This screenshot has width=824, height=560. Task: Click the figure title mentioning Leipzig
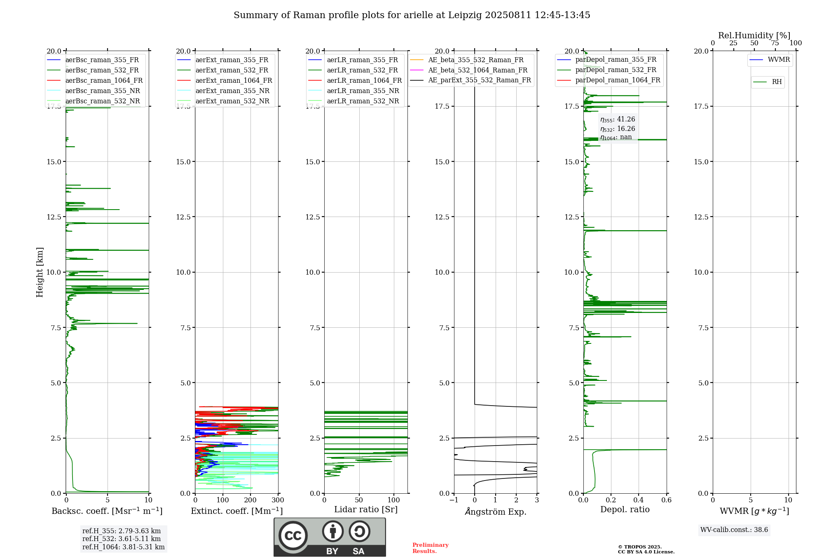click(x=412, y=15)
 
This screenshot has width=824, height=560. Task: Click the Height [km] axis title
click(x=40, y=272)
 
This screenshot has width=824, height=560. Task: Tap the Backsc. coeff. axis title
click(x=107, y=511)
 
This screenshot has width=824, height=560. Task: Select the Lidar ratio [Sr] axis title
click(x=366, y=510)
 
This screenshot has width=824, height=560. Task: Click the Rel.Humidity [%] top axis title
click(x=754, y=35)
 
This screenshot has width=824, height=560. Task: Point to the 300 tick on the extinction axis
click(x=278, y=500)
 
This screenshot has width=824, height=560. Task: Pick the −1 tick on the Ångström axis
click(x=454, y=500)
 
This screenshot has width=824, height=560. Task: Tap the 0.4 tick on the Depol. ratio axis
click(x=639, y=500)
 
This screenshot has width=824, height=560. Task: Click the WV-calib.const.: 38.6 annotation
click(x=734, y=530)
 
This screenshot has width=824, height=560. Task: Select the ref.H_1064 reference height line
click(x=124, y=547)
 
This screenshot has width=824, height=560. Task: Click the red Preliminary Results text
click(x=431, y=548)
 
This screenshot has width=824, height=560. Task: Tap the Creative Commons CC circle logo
click(x=293, y=536)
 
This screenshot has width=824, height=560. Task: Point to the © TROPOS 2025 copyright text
click(x=640, y=547)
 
